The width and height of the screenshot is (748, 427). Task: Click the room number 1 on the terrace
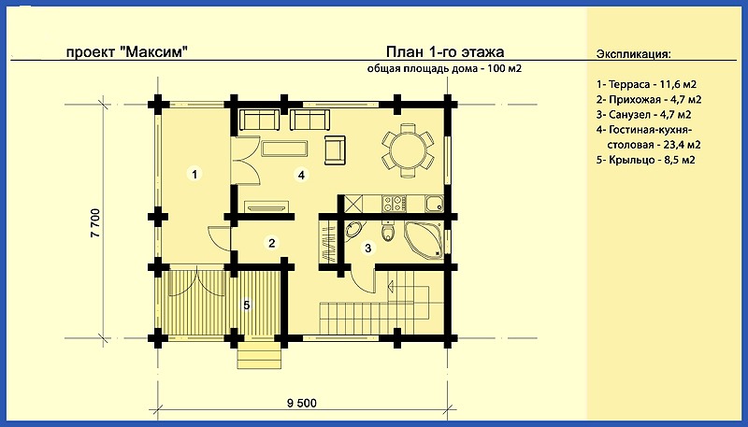194,174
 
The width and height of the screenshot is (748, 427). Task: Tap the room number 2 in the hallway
271,244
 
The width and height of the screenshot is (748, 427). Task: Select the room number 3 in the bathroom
367,248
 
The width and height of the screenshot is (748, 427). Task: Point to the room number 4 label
301,175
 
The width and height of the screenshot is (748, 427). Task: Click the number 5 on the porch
247,305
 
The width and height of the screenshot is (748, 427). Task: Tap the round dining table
408,149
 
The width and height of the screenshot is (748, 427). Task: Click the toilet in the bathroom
388,232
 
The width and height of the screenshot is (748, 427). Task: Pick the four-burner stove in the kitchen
394,204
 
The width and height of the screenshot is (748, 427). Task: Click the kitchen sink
435,204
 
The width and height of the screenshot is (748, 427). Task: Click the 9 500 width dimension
301,403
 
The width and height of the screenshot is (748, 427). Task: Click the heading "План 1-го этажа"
445,51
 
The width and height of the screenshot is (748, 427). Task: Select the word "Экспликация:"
634,54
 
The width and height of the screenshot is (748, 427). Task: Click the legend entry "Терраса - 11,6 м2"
646,85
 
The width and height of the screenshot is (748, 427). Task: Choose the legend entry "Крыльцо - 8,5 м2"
645,160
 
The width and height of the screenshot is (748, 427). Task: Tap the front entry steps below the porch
259,354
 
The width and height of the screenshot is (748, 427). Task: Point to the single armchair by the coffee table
335,149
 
